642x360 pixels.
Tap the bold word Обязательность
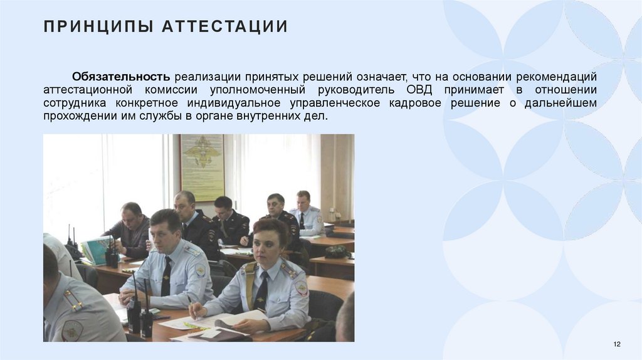click(120, 77)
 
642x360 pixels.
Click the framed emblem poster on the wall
click(202, 167)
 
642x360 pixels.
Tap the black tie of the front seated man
click(166, 276)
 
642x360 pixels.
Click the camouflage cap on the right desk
click(337, 251)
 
